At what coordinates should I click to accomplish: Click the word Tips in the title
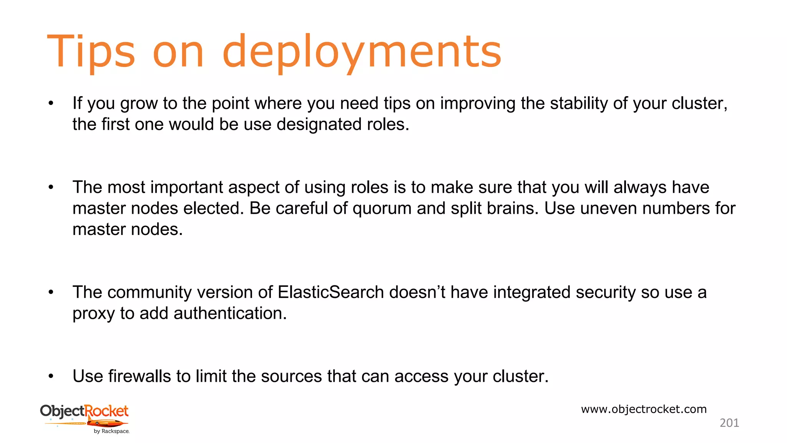[x=91, y=52]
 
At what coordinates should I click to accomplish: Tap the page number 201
[x=729, y=423]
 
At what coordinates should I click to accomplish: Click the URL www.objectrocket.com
[x=644, y=409]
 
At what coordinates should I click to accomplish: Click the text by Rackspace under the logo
[x=111, y=431]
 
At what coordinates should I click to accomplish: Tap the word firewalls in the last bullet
[x=139, y=376]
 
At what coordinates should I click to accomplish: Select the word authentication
[x=230, y=313]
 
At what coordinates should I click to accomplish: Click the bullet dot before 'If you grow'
[x=51, y=103]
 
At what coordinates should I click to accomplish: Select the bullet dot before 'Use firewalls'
[x=51, y=376]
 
